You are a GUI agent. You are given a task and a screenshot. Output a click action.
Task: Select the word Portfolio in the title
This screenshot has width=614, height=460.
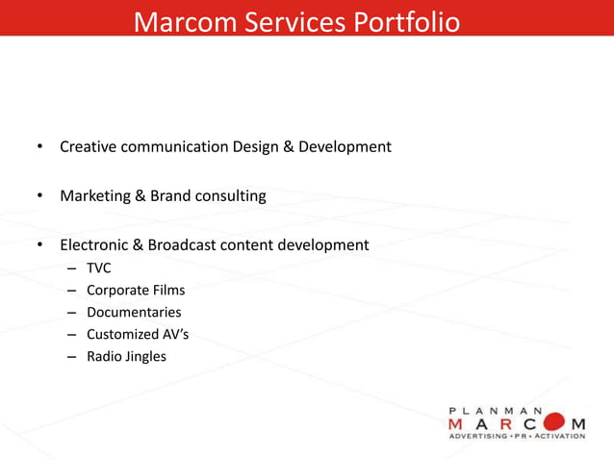[404, 21]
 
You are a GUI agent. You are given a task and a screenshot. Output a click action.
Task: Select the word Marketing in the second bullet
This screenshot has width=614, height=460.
[95, 196]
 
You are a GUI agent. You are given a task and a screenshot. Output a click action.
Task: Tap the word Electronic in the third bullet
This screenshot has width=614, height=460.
[95, 245]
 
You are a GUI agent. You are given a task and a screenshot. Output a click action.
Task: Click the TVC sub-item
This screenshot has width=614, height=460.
[99, 268]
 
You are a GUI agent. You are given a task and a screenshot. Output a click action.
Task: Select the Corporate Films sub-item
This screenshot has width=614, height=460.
[136, 290]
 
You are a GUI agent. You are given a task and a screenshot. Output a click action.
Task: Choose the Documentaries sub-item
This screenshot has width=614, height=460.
[134, 312]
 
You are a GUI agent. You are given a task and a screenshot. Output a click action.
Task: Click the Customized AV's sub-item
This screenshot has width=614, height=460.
[134, 335]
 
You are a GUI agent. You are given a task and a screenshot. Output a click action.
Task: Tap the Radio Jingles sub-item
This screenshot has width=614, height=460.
[126, 357]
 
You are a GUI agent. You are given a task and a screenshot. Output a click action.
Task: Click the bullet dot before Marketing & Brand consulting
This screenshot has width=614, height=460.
[39, 197]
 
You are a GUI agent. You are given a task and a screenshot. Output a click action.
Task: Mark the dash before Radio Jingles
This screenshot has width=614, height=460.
[72, 357]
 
